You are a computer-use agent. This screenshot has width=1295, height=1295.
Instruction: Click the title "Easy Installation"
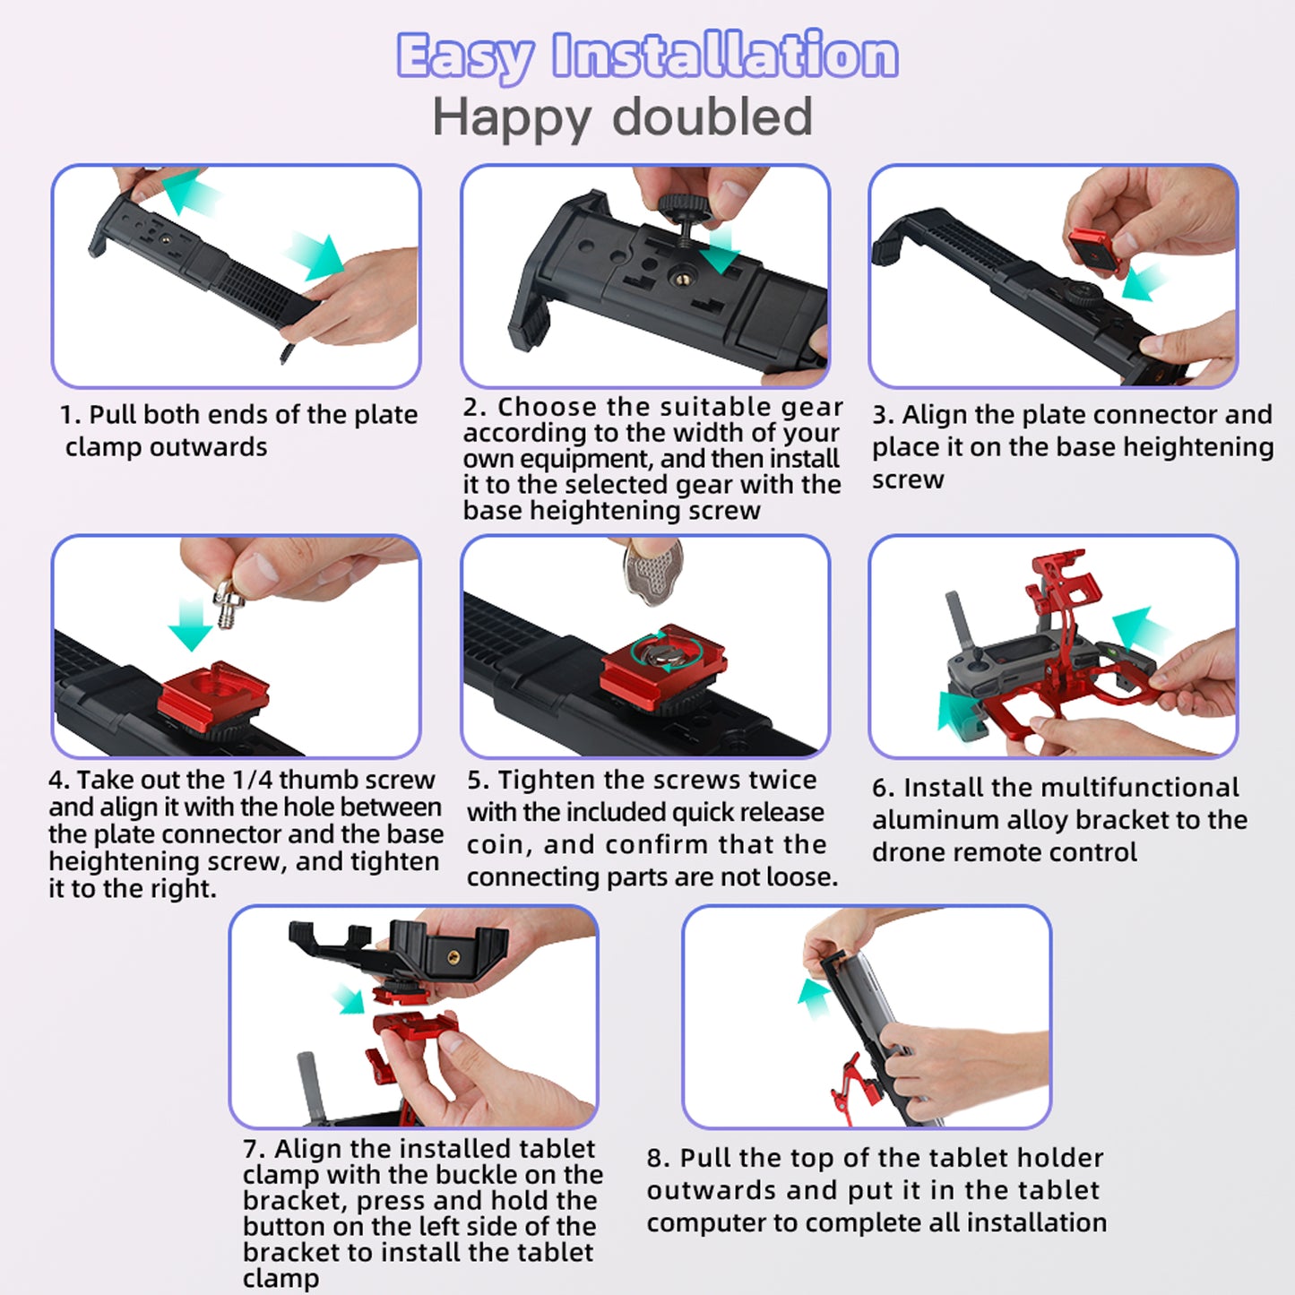click(x=647, y=56)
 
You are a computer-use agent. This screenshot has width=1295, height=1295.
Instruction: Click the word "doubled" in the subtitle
click(x=712, y=117)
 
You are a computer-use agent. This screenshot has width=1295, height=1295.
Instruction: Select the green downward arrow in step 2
click(x=720, y=249)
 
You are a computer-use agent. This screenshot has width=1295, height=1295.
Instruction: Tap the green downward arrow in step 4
click(x=191, y=624)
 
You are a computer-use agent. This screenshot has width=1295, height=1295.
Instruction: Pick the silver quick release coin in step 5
click(x=652, y=570)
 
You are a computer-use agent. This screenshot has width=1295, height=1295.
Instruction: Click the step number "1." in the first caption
click(x=70, y=415)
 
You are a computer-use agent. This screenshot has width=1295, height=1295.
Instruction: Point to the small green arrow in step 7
click(x=350, y=998)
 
